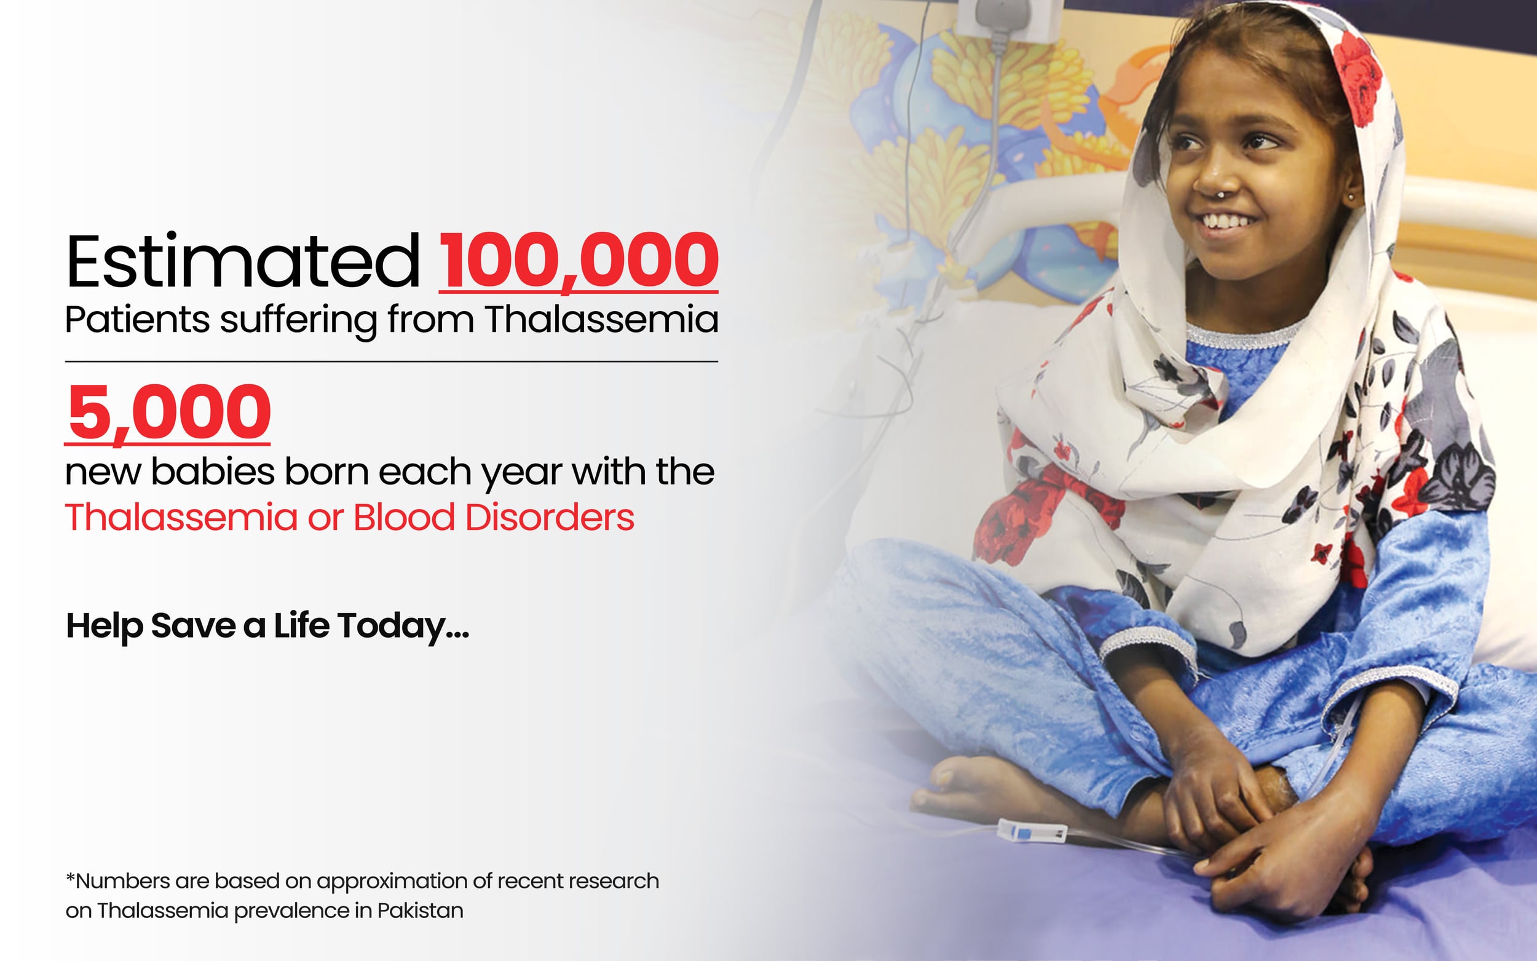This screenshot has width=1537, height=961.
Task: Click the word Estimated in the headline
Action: pos(243,261)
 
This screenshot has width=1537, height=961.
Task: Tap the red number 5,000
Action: pos(168,413)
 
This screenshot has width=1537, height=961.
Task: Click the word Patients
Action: pos(137,319)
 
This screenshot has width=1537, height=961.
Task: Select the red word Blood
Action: pos(404,516)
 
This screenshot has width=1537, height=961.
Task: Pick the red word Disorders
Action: pos(550,516)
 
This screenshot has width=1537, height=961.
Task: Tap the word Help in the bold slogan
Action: pos(104,627)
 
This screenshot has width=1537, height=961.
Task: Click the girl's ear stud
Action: pos(1351,197)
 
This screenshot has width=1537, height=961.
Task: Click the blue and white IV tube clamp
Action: pos(1031,831)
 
